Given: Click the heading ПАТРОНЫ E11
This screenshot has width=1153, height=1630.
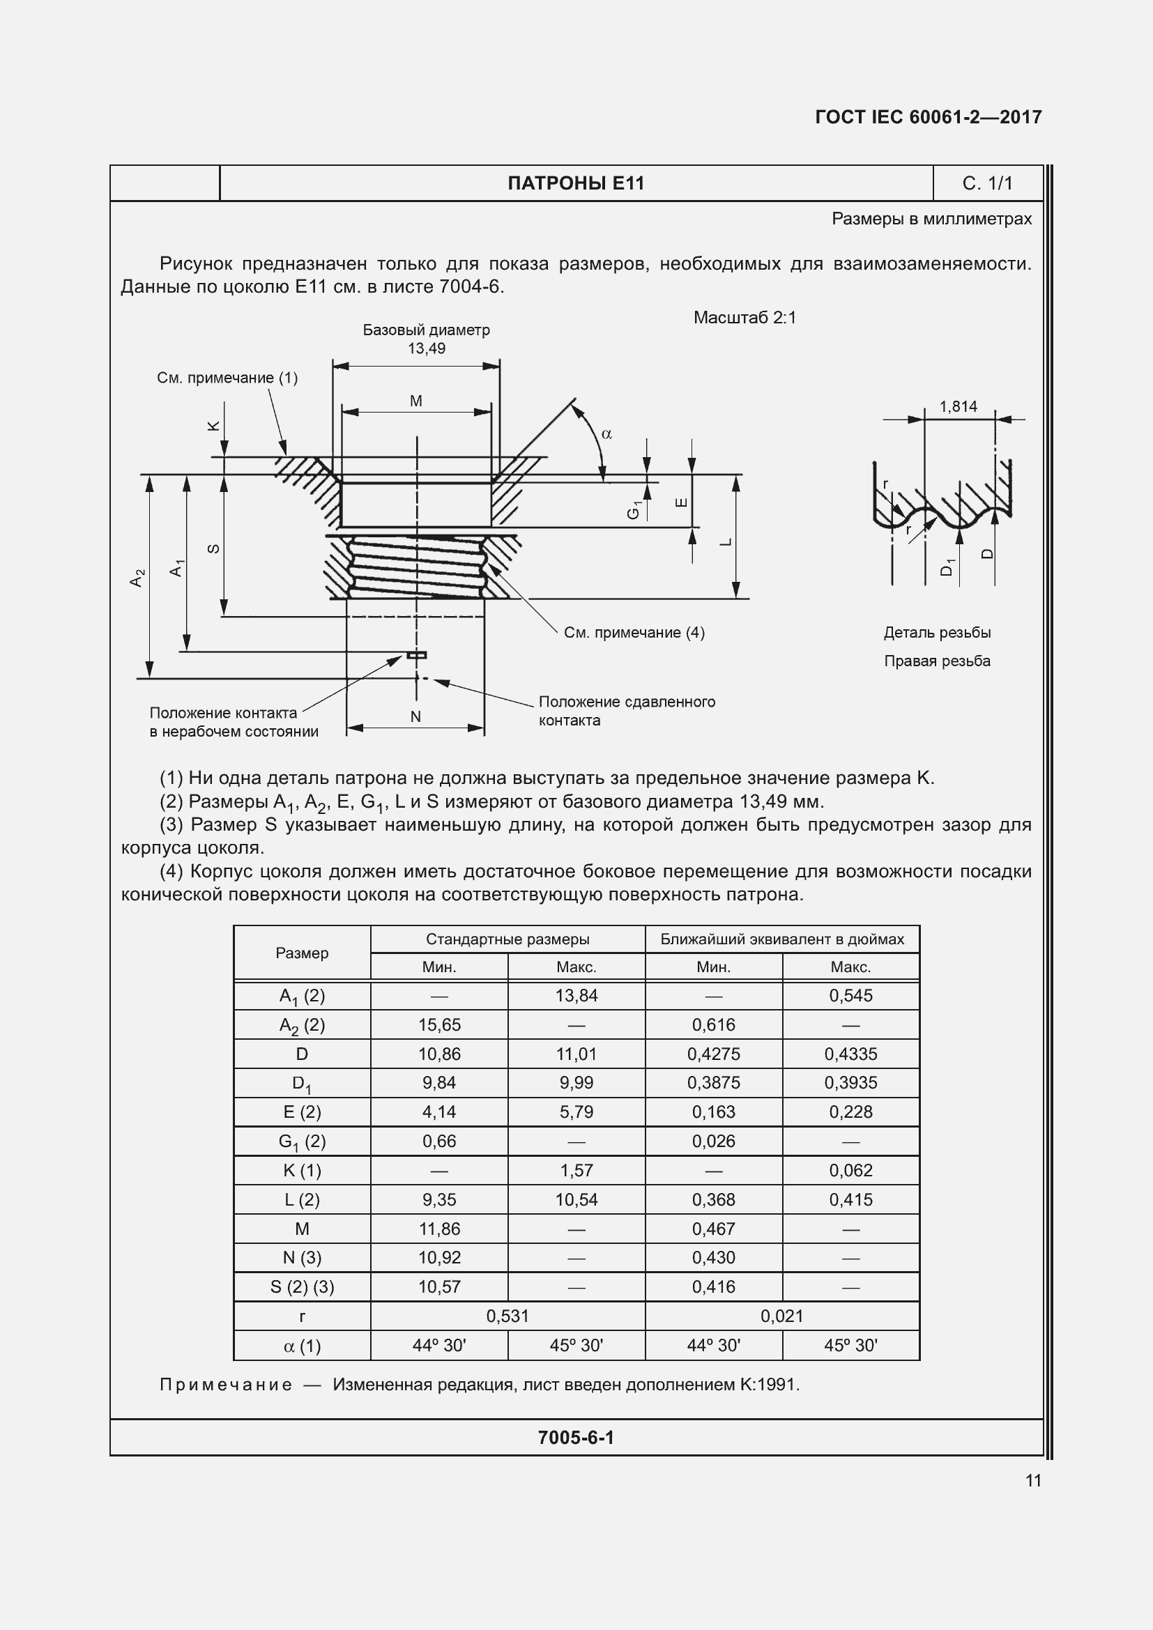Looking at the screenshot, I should pyautogui.click(x=576, y=183).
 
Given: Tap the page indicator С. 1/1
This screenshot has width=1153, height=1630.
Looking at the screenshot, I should pyautogui.click(x=987, y=183).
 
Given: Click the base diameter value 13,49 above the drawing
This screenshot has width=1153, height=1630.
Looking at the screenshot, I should pyautogui.click(x=426, y=348).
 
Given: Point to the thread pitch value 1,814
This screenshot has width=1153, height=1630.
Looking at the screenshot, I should pyautogui.click(x=958, y=407).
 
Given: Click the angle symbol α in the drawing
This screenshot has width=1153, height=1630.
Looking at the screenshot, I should pyautogui.click(x=606, y=433).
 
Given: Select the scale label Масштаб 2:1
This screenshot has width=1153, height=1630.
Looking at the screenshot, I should pyautogui.click(x=744, y=317).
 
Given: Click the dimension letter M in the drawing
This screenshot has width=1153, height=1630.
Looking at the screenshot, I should pyautogui.click(x=416, y=401).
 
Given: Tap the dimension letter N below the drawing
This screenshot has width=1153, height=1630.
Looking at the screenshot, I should pyautogui.click(x=416, y=716).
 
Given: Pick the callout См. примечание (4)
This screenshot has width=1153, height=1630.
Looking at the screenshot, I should pyautogui.click(x=634, y=633).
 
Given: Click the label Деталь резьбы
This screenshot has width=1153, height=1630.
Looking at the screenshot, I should pyautogui.click(x=936, y=633).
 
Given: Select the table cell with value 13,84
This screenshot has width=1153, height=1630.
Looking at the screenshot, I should pyautogui.click(x=576, y=995).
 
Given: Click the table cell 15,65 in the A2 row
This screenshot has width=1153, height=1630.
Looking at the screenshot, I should pyautogui.click(x=438, y=1024).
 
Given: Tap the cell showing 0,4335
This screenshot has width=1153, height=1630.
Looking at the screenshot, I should pyautogui.click(x=850, y=1054).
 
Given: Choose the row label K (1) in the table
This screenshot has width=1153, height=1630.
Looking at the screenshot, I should pyautogui.click(x=302, y=1170).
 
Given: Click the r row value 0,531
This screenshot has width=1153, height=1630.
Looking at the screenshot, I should pyautogui.click(x=507, y=1316).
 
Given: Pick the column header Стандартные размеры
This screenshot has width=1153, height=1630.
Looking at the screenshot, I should pyautogui.click(x=507, y=939).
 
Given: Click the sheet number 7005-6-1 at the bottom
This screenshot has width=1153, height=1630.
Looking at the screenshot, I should pyautogui.click(x=576, y=1438).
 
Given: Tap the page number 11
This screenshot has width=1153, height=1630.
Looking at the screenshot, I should pyautogui.click(x=1033, y=1480).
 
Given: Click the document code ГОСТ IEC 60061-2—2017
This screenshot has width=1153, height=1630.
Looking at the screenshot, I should pyautogui.click(x=928, y=117).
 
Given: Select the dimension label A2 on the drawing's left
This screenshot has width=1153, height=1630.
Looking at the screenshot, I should pyautogui.click(x=138, y=577).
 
